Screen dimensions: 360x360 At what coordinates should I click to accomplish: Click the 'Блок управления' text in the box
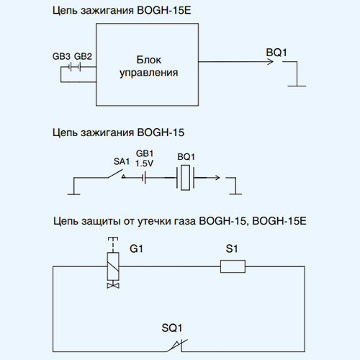click(x=148, y=66)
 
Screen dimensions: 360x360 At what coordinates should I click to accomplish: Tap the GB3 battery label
click(x=61, y=56)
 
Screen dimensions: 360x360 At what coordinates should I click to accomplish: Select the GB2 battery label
click(x=83, y=56)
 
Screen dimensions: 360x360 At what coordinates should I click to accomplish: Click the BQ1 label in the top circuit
click(x=276, y=53)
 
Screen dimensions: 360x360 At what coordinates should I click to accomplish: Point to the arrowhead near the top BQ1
click(x=270, y=62)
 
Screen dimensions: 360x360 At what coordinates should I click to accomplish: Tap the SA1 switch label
click(x=122, y=161)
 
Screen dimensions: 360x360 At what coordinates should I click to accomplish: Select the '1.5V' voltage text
click(x=144, y=163)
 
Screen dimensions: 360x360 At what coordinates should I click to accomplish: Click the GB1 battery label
click(x=145, y=153)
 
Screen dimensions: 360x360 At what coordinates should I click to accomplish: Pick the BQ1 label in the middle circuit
click(x=186, y=157)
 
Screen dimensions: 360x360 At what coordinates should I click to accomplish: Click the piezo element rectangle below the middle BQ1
click(x=185, y=178)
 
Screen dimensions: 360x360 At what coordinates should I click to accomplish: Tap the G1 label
click(x=136, y=248)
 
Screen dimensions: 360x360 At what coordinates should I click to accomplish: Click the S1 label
click(x=232, y=248)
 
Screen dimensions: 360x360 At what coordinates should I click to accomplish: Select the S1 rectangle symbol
click(x=233, y=266)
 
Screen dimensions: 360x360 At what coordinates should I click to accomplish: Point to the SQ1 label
click(x=172, y=328)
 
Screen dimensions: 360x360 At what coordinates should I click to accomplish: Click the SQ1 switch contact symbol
click(x=178, y=346)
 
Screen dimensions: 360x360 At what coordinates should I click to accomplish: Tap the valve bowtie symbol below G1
click(x=113, y=286)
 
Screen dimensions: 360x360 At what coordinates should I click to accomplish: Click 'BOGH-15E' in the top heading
click(x=164, y=11)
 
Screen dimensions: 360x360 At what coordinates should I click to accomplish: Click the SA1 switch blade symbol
click(x=116, y=174)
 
